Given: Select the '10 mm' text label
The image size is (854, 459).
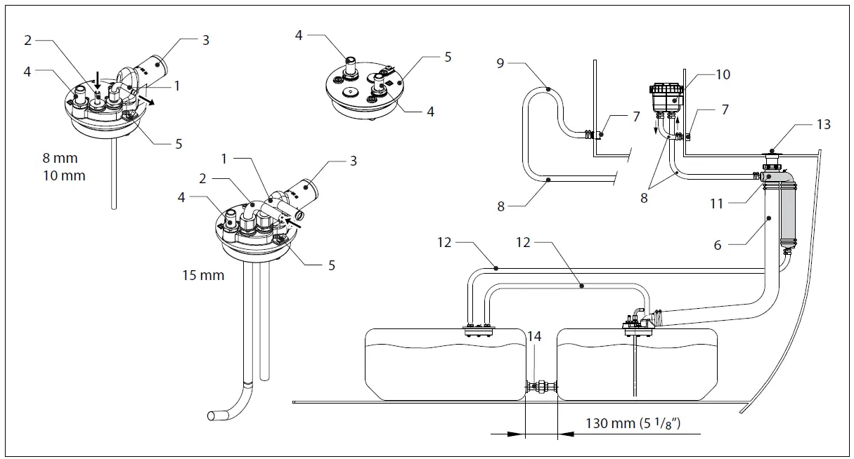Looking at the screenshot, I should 63,175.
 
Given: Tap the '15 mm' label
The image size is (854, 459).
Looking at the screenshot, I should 202,275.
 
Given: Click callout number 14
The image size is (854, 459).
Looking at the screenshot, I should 535,337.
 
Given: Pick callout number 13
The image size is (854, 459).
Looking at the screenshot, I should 824,124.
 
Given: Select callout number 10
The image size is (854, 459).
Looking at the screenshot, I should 723,75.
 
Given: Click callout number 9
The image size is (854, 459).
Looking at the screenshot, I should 500,63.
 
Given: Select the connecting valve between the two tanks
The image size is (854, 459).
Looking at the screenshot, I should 541,387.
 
